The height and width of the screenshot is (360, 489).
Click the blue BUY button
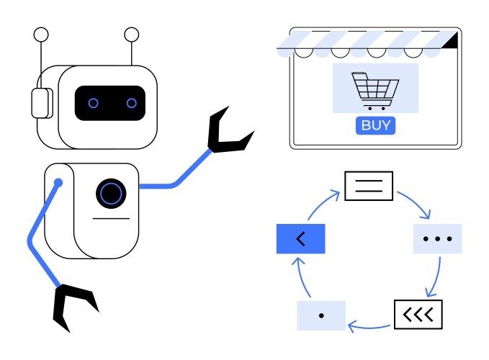pos(375,125)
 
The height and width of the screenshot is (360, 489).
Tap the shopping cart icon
pos(374,89)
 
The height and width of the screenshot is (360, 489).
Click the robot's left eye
pos(93,103)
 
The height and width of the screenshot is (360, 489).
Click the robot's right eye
pos(131,103)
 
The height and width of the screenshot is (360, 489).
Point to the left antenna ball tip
pos(41,34)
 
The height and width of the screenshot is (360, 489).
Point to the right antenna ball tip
pos(131,34)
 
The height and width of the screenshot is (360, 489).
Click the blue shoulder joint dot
pos(58,183)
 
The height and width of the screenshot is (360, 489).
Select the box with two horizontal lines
pos(369,185)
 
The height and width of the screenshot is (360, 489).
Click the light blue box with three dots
pos(437,238)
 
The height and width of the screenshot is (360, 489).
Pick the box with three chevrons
pos(418,314)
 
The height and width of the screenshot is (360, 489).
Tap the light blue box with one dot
pos(321,315)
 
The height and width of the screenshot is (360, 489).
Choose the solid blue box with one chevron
pos(300,238)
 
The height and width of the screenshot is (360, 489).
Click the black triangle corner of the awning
pos(451,41)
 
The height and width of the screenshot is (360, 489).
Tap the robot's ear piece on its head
pos(40,102)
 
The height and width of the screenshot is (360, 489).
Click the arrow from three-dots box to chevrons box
pos(435,277)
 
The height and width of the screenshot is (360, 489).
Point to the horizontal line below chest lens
pos(111,217)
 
